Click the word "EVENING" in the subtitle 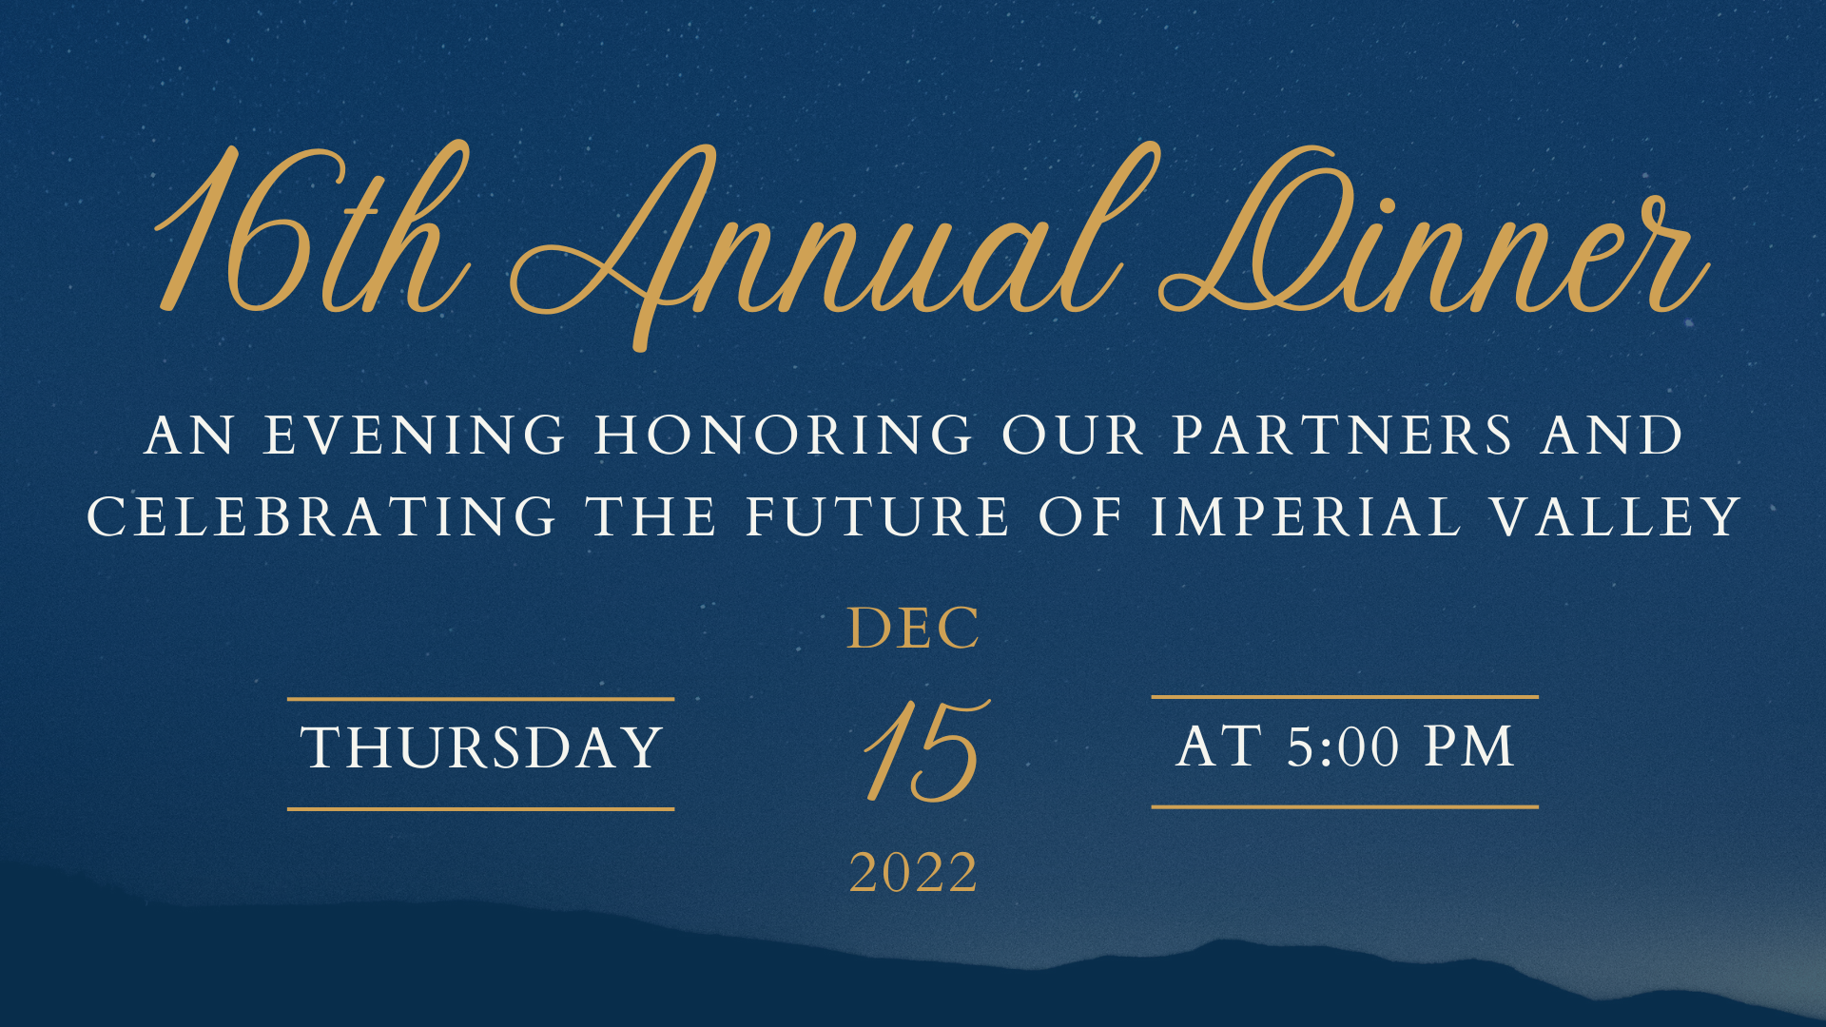(415, 436)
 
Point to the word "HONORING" (784, 436)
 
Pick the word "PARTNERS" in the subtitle (1342, 436)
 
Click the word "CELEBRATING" (321, 517)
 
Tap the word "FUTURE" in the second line (877, 517)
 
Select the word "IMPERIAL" (1306, 517)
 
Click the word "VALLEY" (1616, 517)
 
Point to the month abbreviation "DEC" (913, 629)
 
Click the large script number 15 (926, 751)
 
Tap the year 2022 (913, 873)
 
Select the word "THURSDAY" (481, 747)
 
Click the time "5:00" (1344, 747)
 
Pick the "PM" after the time (1468, 746)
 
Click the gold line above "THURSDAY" (481, 699)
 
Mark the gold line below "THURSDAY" (481, 809)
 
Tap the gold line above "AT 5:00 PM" (1345, 697)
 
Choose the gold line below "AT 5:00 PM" (1345, 807)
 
